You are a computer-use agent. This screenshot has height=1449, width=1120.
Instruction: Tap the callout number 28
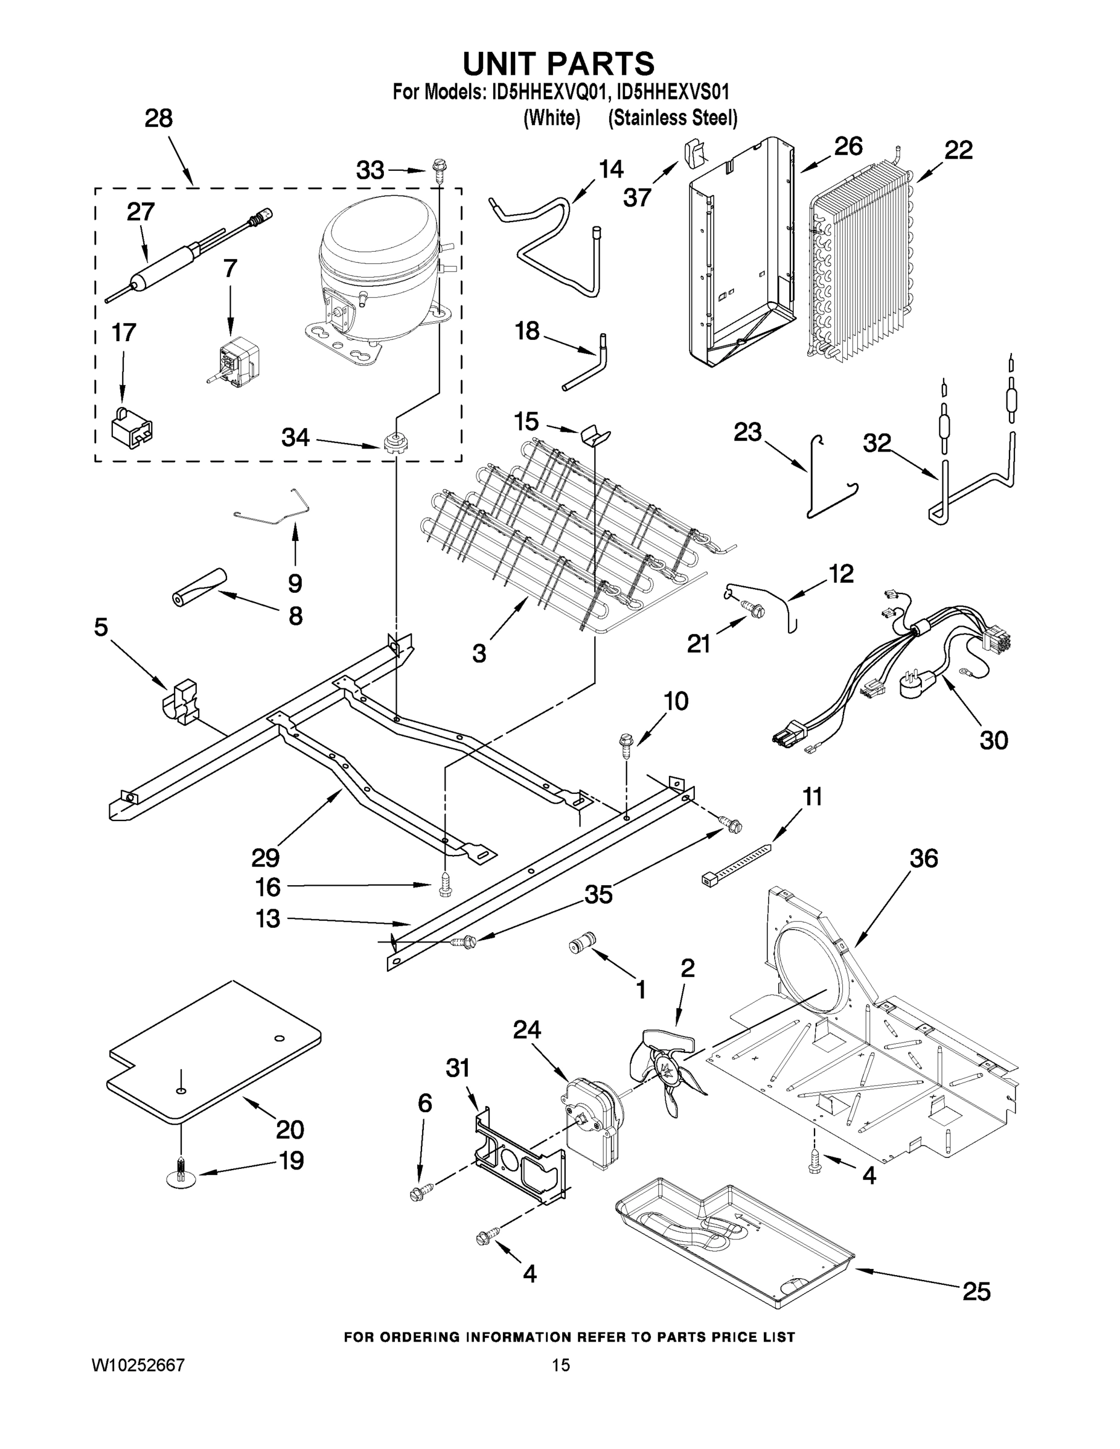(x=159, y=119)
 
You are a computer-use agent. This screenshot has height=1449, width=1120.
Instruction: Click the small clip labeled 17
(x=132, y=425)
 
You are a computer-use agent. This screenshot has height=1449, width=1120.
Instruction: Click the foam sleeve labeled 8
(x=196, y=586)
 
